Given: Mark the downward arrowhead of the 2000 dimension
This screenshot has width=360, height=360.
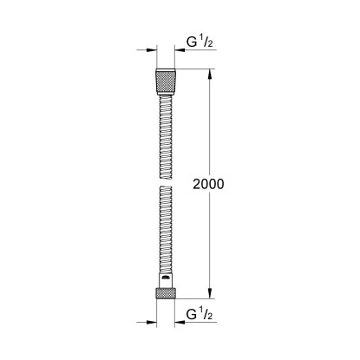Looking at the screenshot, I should (x=209, y=299).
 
